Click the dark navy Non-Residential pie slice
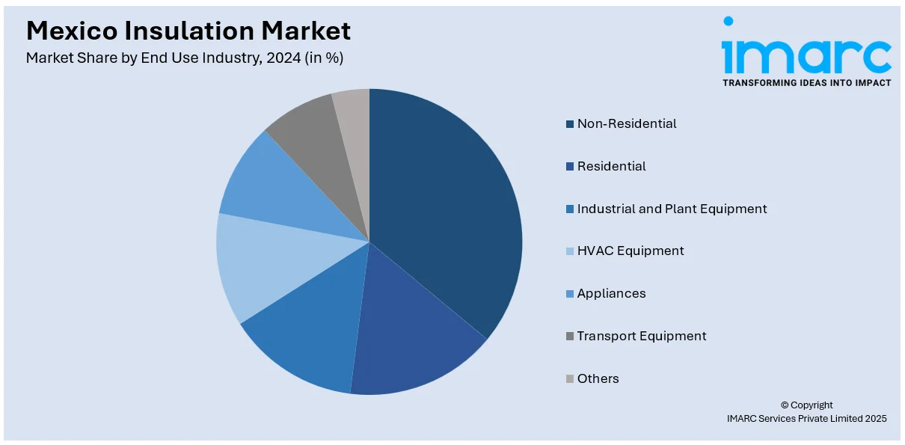pyautogui.click(x=449, y=209)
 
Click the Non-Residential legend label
pyautogui.click(x=627, y=123)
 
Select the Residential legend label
pyautogui.click(x=611, y=166)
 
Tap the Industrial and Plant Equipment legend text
pyautogui.click(x=672, y=209)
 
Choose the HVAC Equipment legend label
pyautogui.click(x=631, y=251)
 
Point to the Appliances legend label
pyautogui.click(x=611, y=293)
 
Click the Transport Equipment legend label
pyautogui.click(x=642, y=336)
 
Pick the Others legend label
pyautogui.click(x=598, y=378)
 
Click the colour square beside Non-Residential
pyautogui.click(x=570, y=124)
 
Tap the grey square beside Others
pyautogui.click(x=570, y=379)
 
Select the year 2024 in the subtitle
pyautogui.click(x=277, y=58)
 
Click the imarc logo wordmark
pyautogui.click(x=806, y=52)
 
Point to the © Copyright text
pyautogui.click(x=806, y=405)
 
